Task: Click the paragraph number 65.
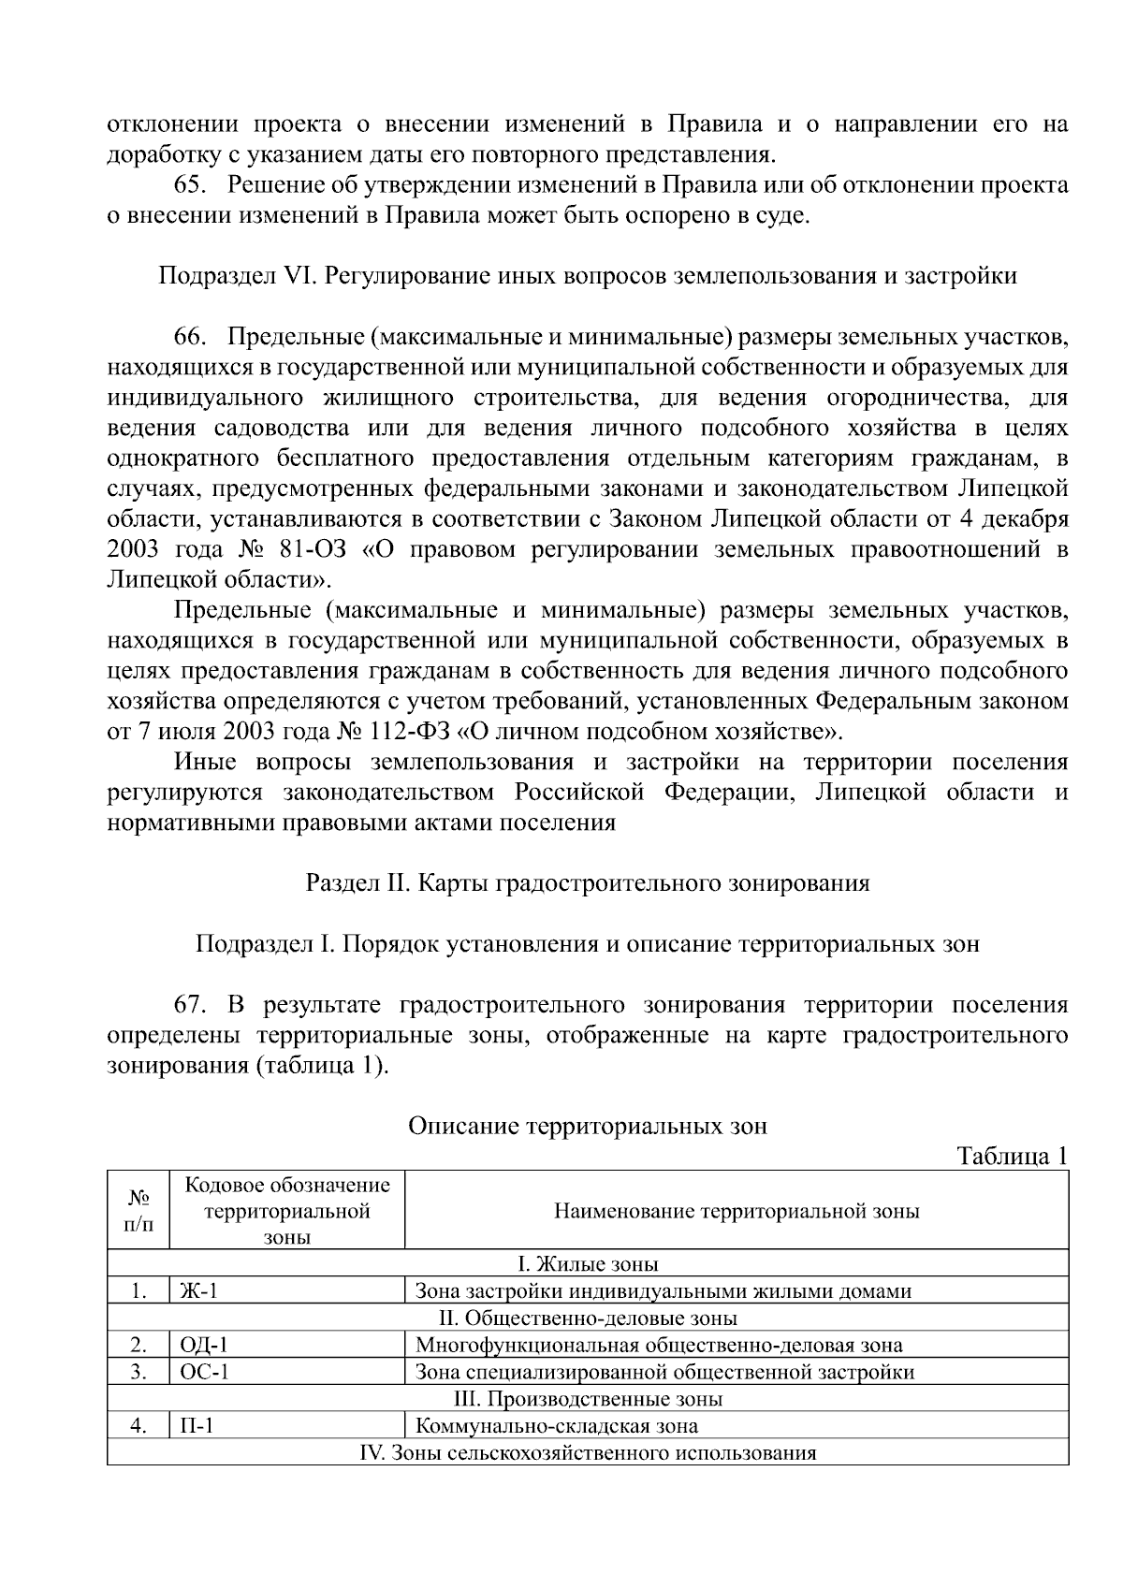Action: (191, 185)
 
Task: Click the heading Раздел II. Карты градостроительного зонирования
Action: (588, 883)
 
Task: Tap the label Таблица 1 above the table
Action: (1012, 1156)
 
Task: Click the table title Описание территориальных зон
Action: (587, 1126)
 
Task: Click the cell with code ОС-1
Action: (203, 1373)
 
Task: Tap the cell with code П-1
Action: (197, 1427)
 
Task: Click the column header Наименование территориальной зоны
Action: (737, 1211)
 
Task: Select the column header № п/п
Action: (139, 1211)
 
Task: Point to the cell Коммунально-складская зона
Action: (556, 1427)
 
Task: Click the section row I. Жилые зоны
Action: (588, 1264)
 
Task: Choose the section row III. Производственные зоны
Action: (588, 1400)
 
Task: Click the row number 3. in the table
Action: (139, 1373)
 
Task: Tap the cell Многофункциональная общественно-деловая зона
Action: (659, 1346)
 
